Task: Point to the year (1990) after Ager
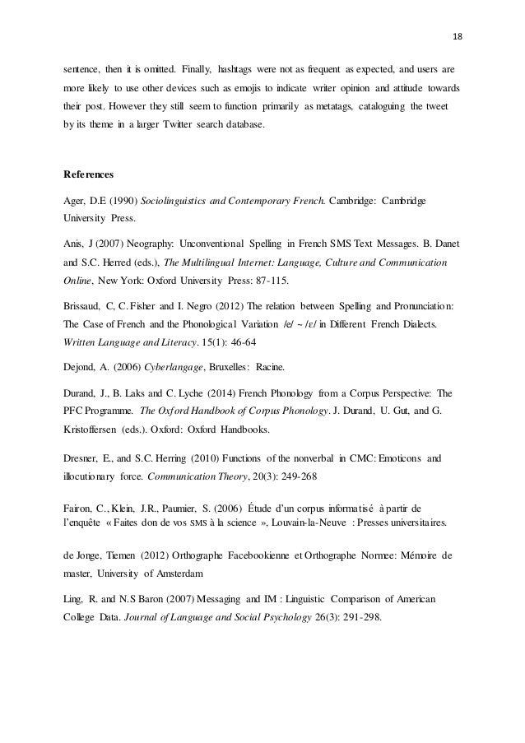(x=112, y=200)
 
